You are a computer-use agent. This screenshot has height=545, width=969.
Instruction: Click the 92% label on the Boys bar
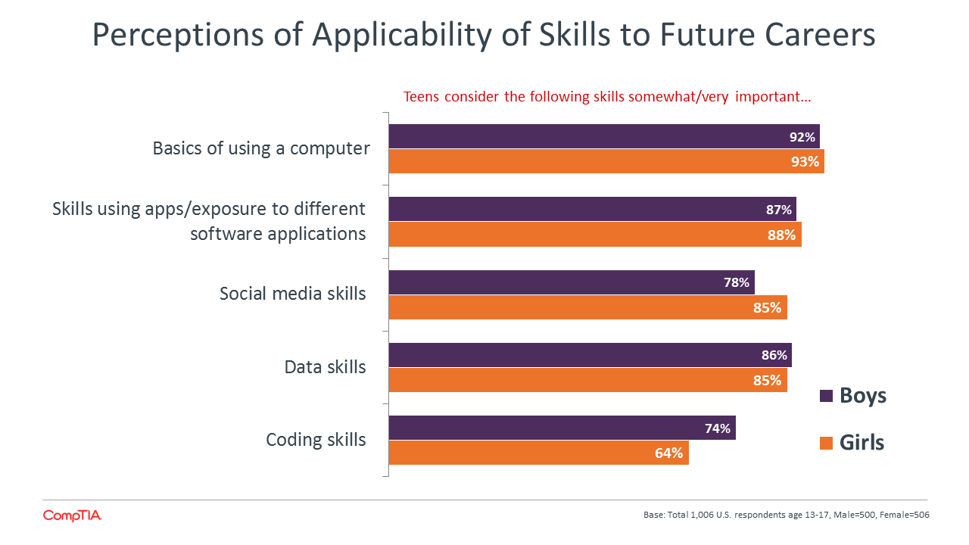point(802,137)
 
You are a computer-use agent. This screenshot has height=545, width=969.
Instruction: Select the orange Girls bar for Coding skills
point(538,453)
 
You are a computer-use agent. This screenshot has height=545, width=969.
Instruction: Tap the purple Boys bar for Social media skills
point(572,282)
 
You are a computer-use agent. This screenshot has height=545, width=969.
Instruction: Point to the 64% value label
point(668,453)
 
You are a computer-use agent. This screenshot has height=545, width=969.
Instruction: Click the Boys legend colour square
point(826,396)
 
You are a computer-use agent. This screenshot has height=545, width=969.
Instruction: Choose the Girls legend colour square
point(826,443)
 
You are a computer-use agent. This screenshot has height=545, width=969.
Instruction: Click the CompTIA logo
point(72,515)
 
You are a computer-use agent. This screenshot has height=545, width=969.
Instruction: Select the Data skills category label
point(325,367)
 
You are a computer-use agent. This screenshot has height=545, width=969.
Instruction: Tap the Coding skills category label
point(316,440)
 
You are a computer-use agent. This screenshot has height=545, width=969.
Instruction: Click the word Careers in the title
point(820,35)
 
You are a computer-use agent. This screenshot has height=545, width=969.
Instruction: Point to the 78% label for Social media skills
point(737,282)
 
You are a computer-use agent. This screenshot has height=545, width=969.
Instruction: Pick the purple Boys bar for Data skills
point(590,355)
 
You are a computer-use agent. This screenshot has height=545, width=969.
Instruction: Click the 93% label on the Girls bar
point(805,161)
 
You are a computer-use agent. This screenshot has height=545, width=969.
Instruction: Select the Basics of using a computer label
point(261,148)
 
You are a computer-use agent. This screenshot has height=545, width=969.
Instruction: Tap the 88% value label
point(782,235)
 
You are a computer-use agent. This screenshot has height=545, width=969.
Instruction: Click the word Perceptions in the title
point(178,35)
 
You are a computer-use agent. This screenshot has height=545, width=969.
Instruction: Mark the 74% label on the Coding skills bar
point(718,428)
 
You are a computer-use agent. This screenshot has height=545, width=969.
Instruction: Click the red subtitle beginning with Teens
point(607,96)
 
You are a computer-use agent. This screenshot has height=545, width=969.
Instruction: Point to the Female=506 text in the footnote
point(905,515)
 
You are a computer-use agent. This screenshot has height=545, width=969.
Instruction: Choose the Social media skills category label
point(292,293)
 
